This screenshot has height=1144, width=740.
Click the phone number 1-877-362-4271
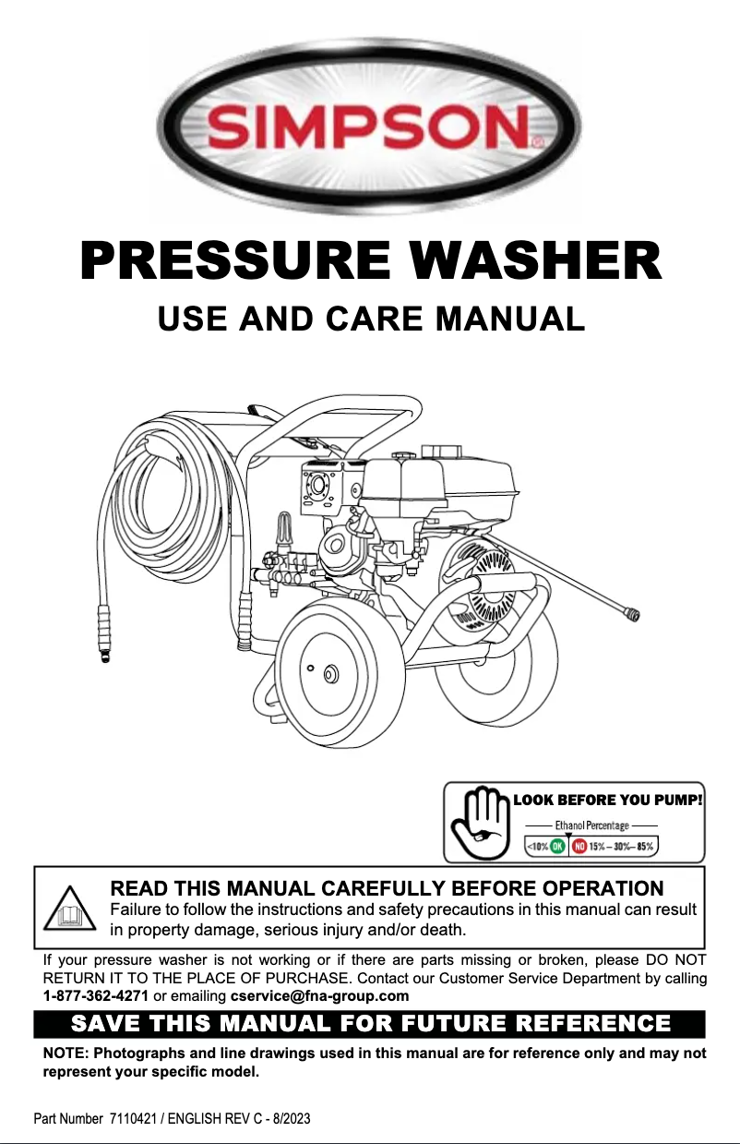coord(96,995)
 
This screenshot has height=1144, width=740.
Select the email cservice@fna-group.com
coord(319,995)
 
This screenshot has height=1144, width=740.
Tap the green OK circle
coord(559,845)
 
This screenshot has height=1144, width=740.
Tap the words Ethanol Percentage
coord(591,825)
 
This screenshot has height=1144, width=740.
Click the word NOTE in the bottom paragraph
coord(66,1054)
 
